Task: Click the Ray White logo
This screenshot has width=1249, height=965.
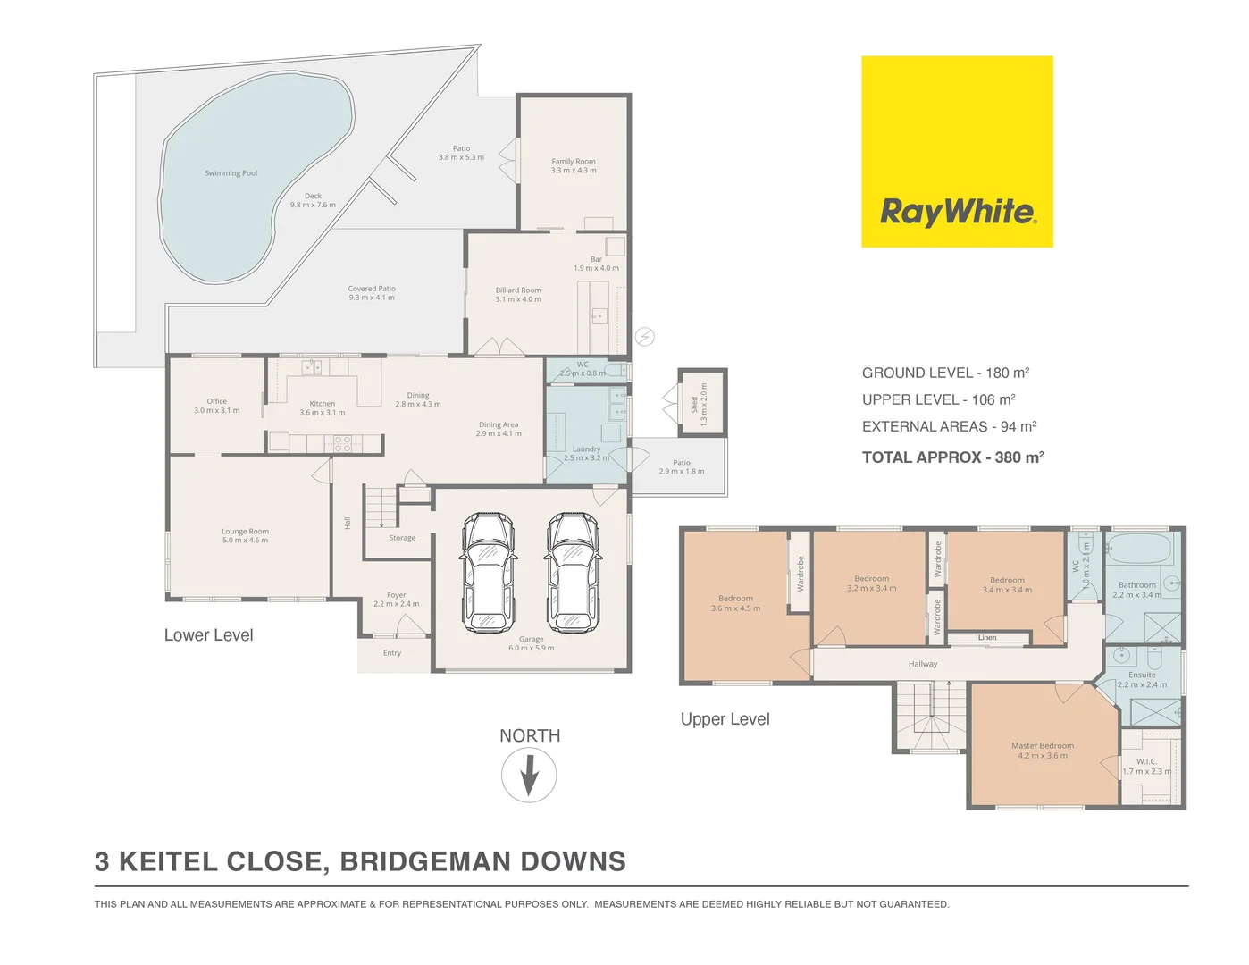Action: click(x=957, y=152)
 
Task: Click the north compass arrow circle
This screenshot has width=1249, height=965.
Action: click(x=529, y=775)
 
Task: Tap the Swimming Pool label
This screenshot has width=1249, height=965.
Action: click(x=231, y=173)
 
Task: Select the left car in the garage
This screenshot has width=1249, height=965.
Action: click(x=489, y=572)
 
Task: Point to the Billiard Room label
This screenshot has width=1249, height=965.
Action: click(x=518, y=290)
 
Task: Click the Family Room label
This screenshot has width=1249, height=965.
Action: click(x=574, y=162)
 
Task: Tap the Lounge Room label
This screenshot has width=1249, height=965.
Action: click(x=245, y=532)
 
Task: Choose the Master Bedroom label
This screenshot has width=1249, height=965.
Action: click(x=1043, y=746)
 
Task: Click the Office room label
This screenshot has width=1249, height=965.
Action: click(x=216, y=402)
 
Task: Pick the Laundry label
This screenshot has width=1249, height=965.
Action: click(x=586, y=449)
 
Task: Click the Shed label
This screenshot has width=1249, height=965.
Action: click(x=694, y=404)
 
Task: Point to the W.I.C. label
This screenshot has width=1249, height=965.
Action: click(x=1146, y=762)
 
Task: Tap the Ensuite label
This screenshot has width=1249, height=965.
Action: click(x=1142, y=675)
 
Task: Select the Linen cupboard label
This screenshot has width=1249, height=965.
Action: click(x=987, y=638)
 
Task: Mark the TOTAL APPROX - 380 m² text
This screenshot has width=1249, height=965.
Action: click(x=952, y=457)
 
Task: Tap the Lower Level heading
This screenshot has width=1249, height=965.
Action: click(x=208, y=635)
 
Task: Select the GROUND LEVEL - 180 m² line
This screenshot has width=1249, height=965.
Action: click(x=945, y=373)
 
